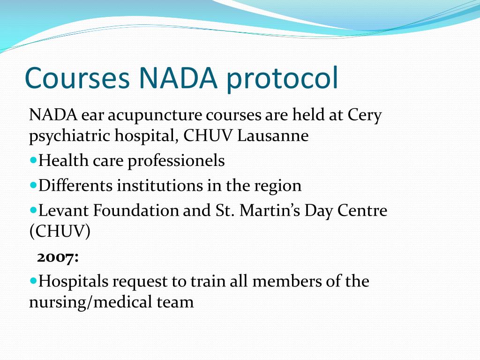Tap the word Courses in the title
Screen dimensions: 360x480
(77, 78)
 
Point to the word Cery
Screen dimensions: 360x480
(365, 115)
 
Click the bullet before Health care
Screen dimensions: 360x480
(33, 160)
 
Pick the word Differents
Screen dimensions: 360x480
(75, 186)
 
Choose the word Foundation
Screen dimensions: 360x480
(136, 210)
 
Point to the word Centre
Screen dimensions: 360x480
(365, 210)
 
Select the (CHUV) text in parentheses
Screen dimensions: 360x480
(60, 232)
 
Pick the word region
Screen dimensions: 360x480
(277, 186)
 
